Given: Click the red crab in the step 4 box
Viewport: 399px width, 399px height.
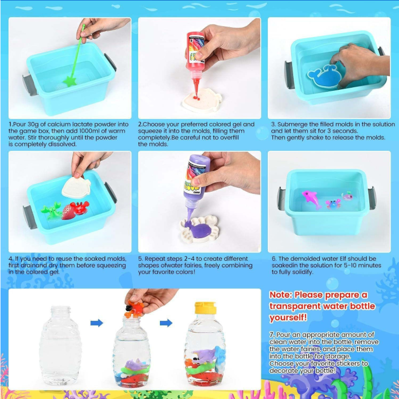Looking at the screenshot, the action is coord(80,207).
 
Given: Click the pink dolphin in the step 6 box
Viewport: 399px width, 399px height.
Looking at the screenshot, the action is coord(312,199).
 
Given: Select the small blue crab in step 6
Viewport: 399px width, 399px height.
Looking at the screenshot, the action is coord(333,204).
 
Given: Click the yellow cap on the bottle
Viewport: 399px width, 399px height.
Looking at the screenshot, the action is coord(205,308).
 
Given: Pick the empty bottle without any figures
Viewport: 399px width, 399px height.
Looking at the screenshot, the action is coord(61,346).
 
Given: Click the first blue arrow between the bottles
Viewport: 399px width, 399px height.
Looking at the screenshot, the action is coord(97,323).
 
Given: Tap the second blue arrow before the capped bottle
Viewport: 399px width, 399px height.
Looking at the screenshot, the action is coord(166,323).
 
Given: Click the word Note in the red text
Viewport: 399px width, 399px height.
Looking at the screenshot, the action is coord(280,295).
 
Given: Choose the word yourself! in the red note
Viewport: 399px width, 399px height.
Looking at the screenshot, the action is coord(289,318).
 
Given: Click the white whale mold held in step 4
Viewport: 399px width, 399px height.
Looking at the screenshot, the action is coord(76,188).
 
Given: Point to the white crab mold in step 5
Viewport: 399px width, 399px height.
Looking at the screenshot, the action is coord(199,229).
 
